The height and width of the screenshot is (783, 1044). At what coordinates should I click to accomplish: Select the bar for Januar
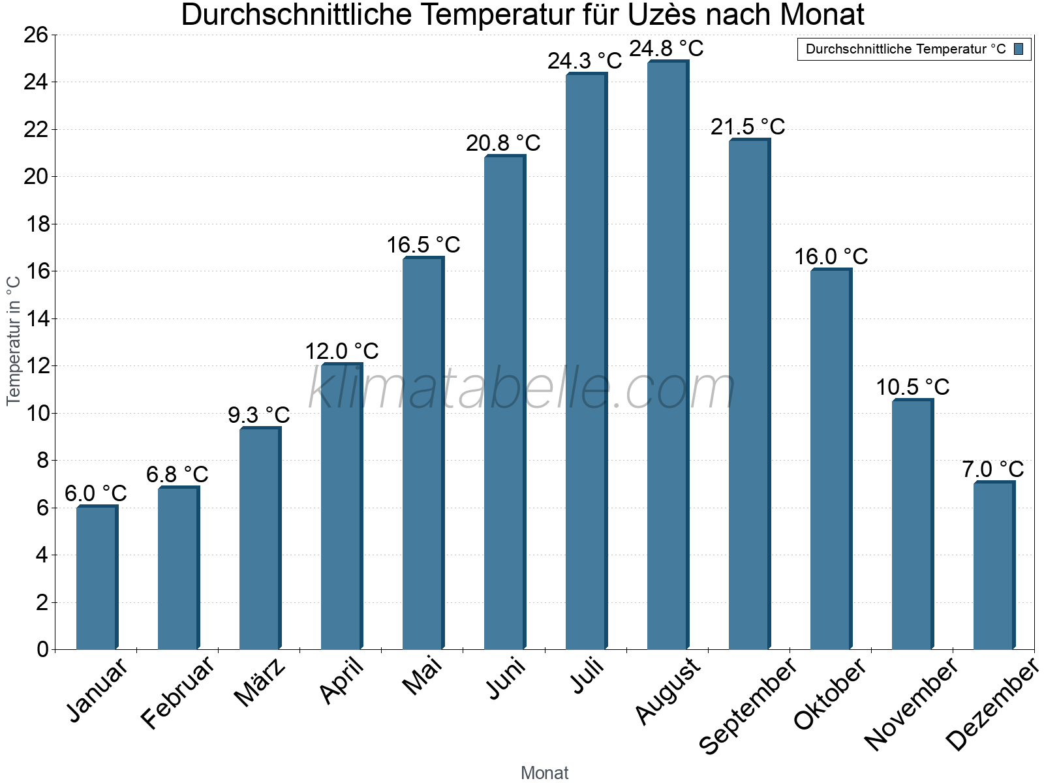[97, 577]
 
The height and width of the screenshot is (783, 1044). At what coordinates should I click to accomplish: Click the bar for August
[668, 356]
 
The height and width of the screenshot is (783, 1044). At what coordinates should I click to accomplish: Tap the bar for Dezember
[994, 566]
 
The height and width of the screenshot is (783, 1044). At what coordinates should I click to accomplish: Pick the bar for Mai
[423, 453]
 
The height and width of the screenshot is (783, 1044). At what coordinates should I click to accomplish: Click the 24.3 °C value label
[585, 61]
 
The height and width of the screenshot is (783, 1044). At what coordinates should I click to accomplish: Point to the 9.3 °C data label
[259, 415]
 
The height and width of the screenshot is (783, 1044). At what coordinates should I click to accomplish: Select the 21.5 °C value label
[748, 127]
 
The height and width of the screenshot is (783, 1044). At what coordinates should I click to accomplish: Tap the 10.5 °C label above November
[912, 388]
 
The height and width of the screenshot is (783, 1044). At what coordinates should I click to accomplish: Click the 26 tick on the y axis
[37, 35]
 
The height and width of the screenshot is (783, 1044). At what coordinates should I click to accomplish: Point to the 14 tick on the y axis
[37, 319]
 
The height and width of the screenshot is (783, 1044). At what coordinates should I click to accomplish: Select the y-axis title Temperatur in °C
[14, 341]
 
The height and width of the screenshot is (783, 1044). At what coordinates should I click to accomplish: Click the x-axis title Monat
[545, 773]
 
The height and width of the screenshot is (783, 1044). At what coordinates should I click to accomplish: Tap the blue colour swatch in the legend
[1019, 49]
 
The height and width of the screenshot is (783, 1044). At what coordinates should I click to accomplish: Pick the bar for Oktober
[831, 460]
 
